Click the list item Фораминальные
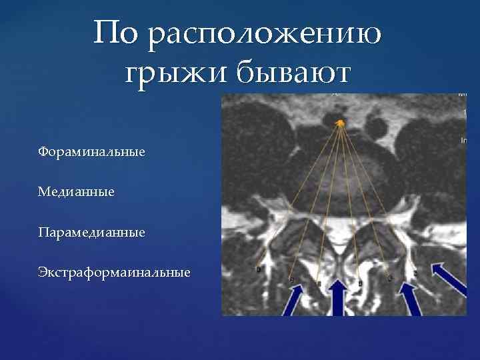click(x=91, y=152)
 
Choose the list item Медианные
click(x=76, y=192)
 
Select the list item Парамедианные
click(x=91, y=233)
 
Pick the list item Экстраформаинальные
click(x=114, y=273)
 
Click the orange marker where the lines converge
click(x=340, y=122)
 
